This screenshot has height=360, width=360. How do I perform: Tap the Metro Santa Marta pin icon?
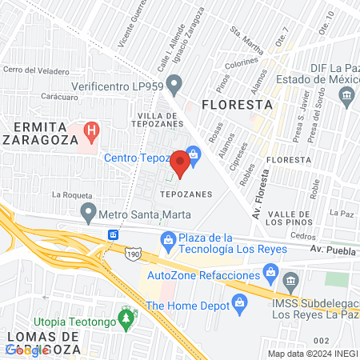[x=88, y=214]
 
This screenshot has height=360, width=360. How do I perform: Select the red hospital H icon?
[x=92, y=130]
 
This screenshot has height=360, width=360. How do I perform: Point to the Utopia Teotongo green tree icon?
[x=125, y=318]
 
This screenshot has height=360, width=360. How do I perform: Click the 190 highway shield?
[x=134, y=252]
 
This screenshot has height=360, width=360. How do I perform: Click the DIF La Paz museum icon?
[x=346, y=94]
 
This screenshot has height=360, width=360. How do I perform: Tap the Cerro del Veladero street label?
[x=34, y=69]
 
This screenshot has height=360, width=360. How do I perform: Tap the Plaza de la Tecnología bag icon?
[x=169, y=239]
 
